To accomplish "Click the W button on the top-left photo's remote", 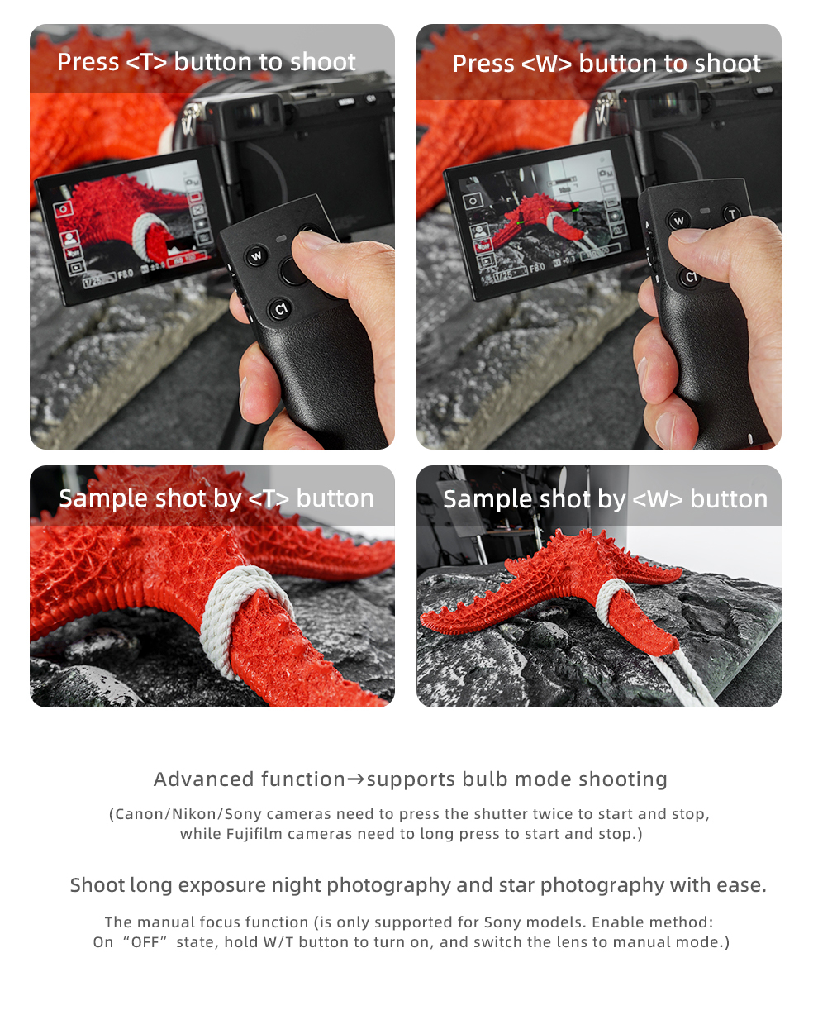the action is (256, 256).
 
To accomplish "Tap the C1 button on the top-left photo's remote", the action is (281, 309).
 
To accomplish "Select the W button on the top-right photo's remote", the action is (678, 221).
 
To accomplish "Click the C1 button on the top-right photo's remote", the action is (691, 276).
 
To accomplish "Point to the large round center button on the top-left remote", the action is (293, 271).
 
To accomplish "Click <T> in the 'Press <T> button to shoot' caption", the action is (147, 62).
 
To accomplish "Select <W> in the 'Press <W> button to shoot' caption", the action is (546, 64).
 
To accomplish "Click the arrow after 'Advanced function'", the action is (356, 780).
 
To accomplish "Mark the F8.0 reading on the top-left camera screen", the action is (126, 274).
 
